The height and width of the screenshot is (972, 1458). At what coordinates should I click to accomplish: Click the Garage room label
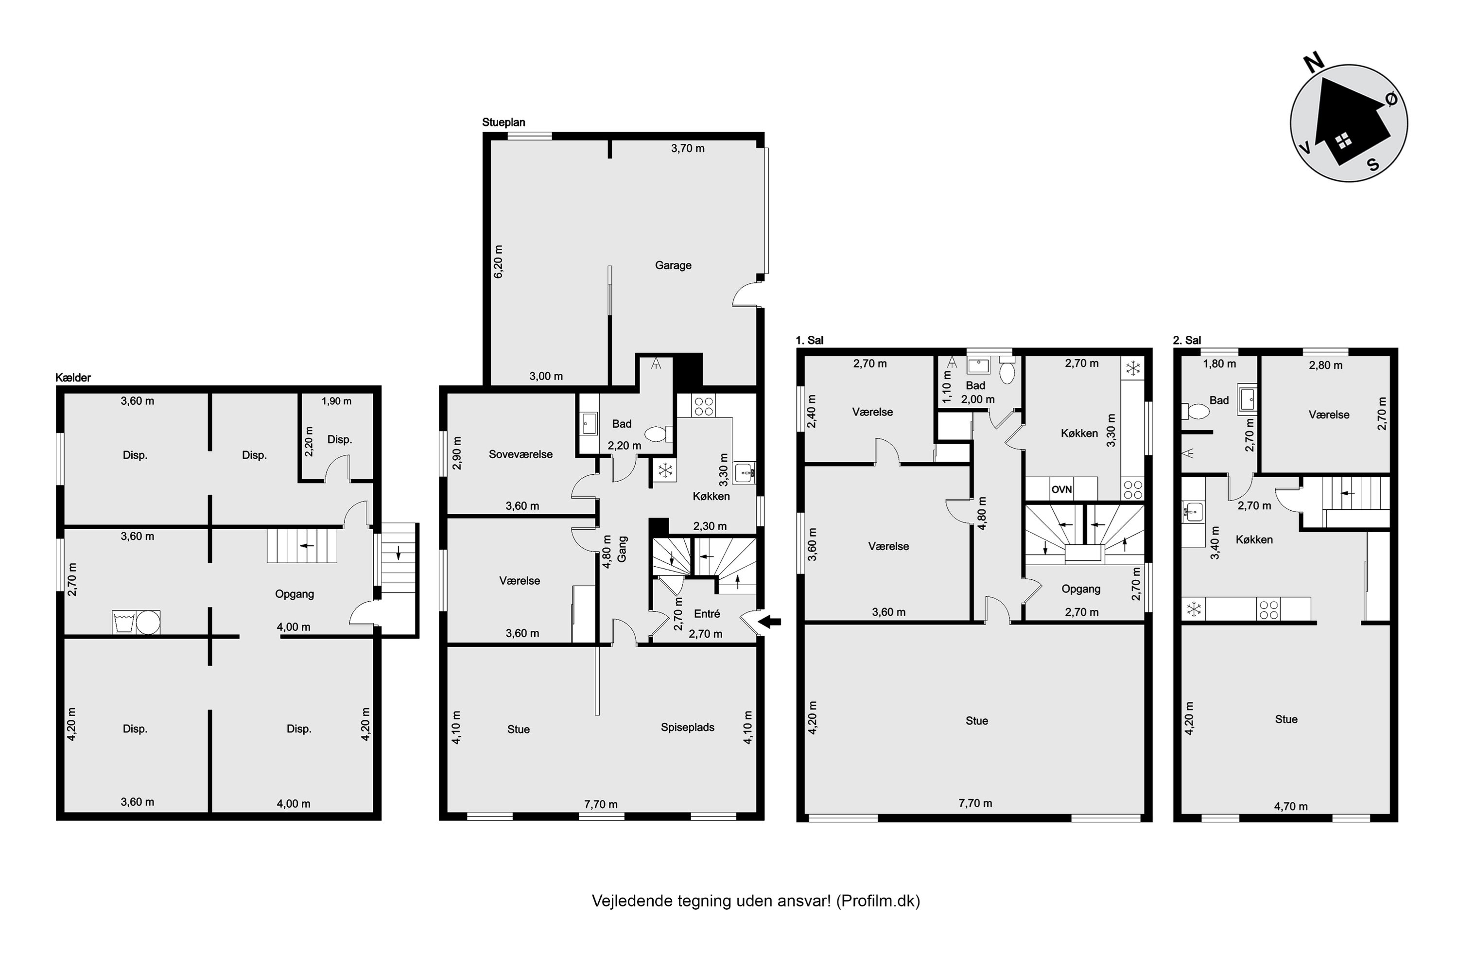[x=673, y=265]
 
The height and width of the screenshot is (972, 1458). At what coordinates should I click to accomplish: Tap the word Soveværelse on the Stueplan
[x=521, y=454]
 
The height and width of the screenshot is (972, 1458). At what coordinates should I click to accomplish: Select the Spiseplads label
[x=688, y=727]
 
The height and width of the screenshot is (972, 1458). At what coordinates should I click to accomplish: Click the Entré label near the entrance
[x=707, y=614]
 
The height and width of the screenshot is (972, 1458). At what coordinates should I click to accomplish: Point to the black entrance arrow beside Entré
[x=769, y=622]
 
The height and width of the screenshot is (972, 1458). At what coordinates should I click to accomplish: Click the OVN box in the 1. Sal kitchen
[x=1061, y=489]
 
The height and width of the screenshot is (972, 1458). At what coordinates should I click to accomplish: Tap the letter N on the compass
[x=1314, y=63]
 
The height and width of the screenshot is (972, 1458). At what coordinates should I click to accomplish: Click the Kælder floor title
[x=73, y=378]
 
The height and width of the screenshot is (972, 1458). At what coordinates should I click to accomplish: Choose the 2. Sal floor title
[x=1187, y=340]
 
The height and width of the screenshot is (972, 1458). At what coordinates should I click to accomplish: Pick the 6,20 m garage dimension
[x=499, y=261]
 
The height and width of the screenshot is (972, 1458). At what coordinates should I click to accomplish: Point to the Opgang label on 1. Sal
[x=1081, y=589]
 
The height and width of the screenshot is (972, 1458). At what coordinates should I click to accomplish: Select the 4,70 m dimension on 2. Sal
[x=1291, y=806]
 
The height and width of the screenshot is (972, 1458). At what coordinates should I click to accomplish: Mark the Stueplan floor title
[x=503, y=122]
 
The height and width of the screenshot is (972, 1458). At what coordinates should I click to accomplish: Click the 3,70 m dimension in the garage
[x=688, y=148]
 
